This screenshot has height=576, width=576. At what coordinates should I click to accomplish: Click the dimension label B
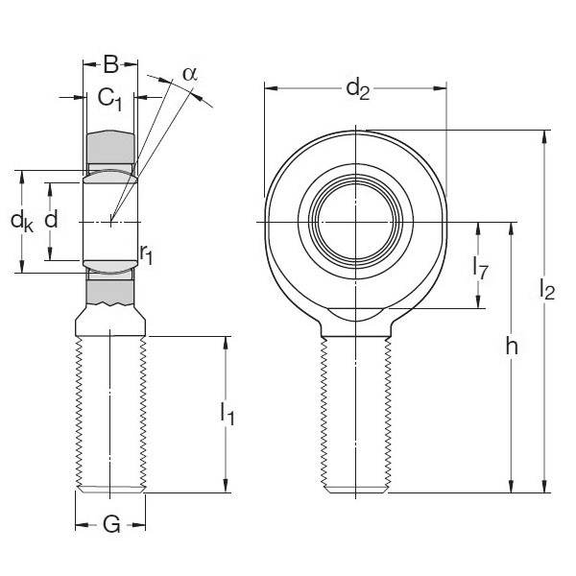(110, 65)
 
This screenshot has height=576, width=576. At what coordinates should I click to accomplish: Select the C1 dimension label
(109, 98)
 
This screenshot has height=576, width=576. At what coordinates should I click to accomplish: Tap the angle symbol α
(189, 74)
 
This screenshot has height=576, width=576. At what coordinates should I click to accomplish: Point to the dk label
(21, 221)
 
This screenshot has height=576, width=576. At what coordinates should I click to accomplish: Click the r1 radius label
(146, 253)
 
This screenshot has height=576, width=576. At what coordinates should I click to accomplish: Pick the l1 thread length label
(228, 414)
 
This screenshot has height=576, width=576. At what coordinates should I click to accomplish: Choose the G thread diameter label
(110, 525)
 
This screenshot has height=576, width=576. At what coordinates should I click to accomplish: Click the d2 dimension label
(357, 90)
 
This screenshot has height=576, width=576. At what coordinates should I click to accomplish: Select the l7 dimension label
(481, 269)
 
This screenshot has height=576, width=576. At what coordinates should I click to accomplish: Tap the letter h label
(512, 348)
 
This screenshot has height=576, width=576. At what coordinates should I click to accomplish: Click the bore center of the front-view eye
(356, 223)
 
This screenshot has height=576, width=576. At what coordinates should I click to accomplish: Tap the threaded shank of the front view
(356, 413)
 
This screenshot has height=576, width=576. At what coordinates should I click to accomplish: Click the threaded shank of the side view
(110, 413)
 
